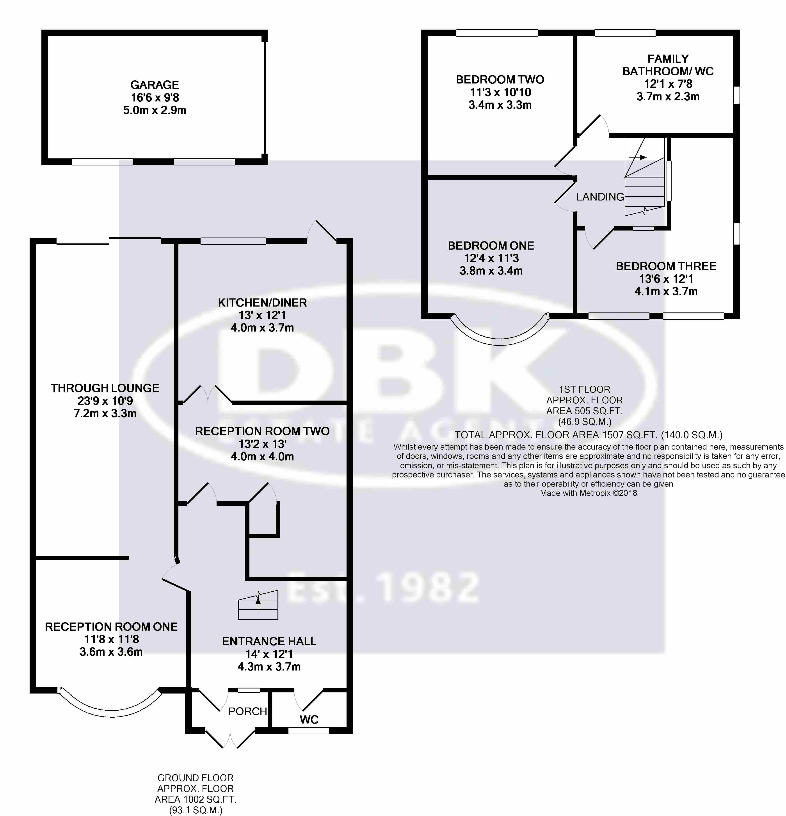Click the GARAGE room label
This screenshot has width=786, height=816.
[155, 85]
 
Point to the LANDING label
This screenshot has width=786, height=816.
[600, 197]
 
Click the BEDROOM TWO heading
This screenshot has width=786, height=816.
[500, 80]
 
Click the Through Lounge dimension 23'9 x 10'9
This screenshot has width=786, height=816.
[105, 401]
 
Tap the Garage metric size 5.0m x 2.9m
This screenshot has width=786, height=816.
[155, 110]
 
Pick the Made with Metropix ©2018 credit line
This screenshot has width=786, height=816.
[588, 493]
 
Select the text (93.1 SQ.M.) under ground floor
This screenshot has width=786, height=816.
[195, 810]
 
